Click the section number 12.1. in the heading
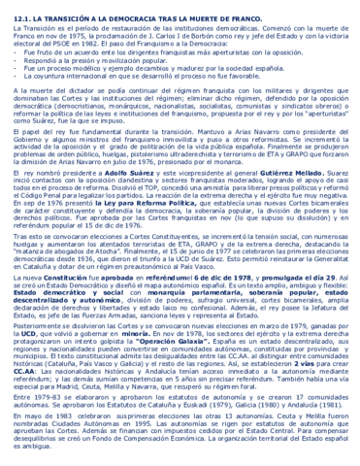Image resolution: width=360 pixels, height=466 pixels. tap(15, 7)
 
